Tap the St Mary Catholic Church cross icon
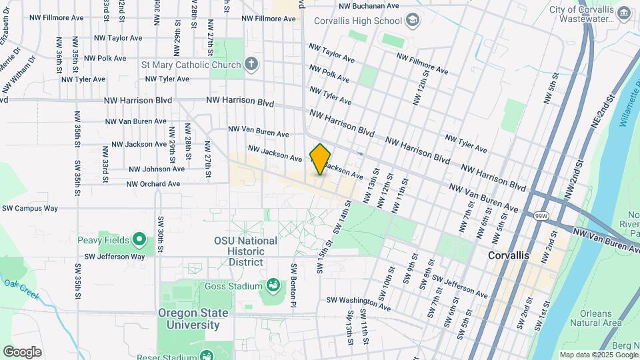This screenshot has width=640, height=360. click(x=251, y=65)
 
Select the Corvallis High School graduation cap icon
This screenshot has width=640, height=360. click(x=413, y=21)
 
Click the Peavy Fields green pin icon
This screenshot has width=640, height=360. click(x=139, y=239)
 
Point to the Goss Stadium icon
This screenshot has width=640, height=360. click(x=273, y=287)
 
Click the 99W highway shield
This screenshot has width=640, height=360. click(x=541, y=216)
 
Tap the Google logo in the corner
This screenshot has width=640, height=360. click(x=22, y=352)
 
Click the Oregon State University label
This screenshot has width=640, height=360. click(x=193, y=319)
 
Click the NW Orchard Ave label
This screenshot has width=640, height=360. click(x=153, y=184)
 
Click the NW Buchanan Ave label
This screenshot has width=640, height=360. click(x=366, y=5)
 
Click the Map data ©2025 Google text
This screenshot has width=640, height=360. click(x=598, y=355)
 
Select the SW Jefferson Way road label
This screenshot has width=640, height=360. click(x=115, y=257)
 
